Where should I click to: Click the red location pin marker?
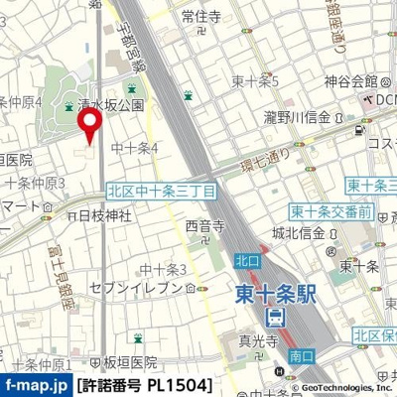point(91,125)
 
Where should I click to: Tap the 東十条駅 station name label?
point(279,294)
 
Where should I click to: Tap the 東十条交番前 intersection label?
point(331,211)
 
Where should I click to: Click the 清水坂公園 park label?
point(110,103)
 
